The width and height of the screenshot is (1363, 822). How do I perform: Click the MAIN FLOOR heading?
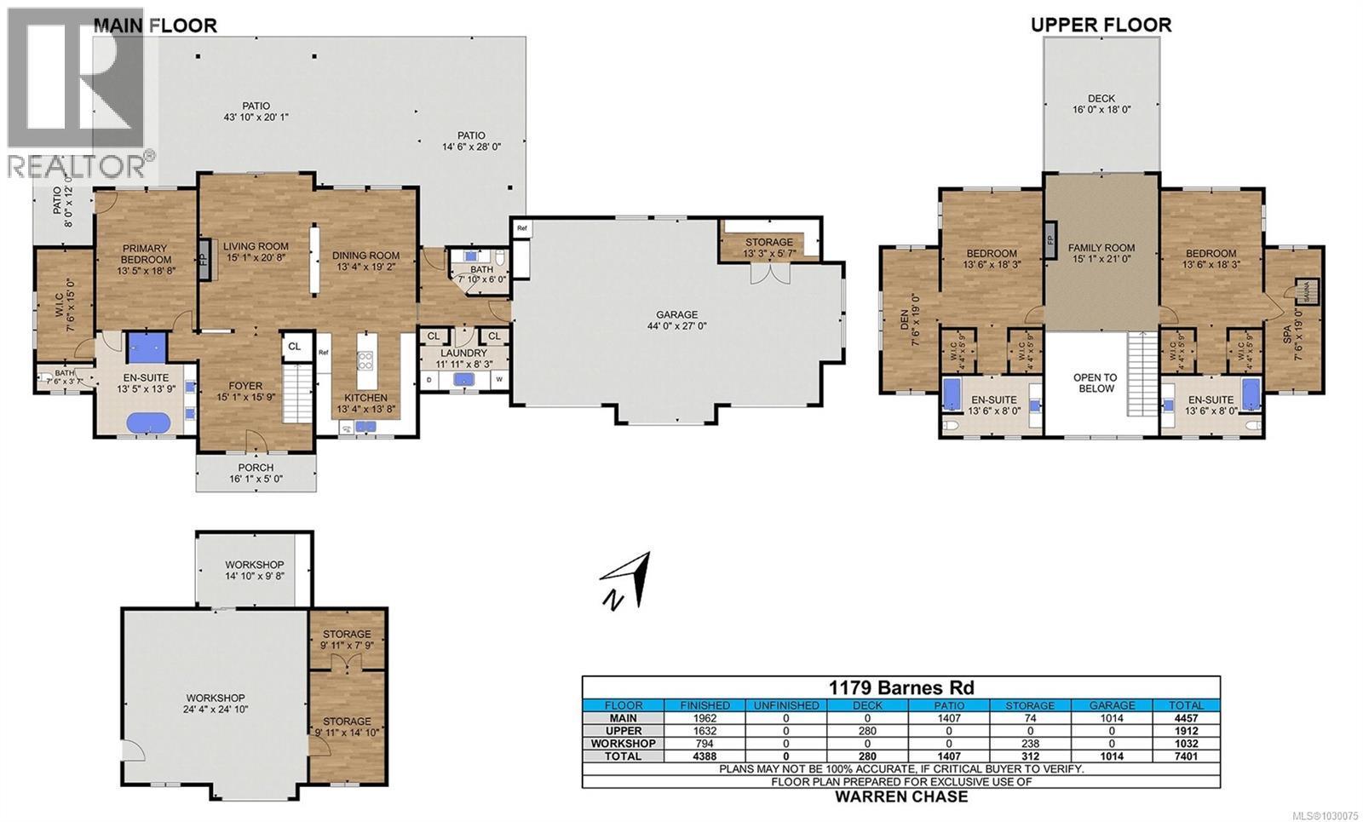[x=155, y=26]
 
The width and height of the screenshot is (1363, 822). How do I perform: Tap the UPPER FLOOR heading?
[x=1101, y=25]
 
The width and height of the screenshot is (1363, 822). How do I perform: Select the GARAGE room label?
[x=676, y=314]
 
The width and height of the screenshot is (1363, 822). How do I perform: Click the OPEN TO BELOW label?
[x=1096, y=382]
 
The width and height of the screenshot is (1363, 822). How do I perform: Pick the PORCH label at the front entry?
[x=256, y=467]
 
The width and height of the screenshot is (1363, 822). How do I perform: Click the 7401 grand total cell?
[x=1186, y=756]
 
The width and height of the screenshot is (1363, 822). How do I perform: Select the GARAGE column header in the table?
[x=1112, y=705]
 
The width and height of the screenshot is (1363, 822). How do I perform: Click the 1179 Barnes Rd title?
[x=901, y=687]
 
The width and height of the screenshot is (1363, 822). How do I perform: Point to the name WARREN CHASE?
[x=901, y=796]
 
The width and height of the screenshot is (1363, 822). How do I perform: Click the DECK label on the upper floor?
[x=1101, y=98]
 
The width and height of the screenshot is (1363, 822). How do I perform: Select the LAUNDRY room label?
[x=463, y=353]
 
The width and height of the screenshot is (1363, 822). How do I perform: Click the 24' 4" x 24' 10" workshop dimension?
[x=216, y=709]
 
